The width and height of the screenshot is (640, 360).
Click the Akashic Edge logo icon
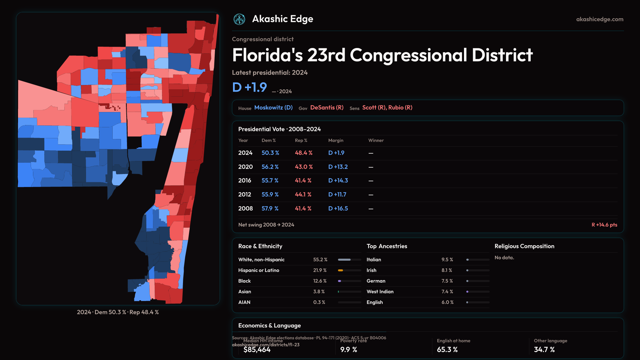point(239,19)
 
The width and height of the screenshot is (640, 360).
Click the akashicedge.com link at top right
point(599,19)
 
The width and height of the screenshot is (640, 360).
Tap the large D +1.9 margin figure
point(249,87)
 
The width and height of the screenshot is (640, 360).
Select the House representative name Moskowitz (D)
point(273,108)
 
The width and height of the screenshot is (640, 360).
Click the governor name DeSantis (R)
point(327,108)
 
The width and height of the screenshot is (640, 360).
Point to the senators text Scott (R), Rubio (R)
point(387,108)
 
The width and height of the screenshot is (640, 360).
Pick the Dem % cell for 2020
point(270,167)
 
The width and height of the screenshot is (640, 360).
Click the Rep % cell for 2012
point(303,194)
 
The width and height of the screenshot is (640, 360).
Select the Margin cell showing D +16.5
point(338,208)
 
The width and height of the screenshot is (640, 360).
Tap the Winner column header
point(376,140)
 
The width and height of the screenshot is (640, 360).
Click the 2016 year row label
point(245,180)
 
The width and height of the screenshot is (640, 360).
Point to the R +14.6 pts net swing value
point(604,225)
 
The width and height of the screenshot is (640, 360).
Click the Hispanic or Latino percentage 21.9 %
point(320,270)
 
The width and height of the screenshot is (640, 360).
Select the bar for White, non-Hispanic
point(349,260)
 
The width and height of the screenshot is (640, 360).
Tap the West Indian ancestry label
point(380,292)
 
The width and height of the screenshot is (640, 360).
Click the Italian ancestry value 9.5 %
point(447,260)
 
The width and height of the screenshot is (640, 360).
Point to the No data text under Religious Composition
point(504,258)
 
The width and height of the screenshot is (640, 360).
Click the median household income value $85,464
point(257,350)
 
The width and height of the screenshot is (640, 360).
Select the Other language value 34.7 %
point(544,350)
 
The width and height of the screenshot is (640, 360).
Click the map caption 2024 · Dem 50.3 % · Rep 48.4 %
point(118,312)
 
